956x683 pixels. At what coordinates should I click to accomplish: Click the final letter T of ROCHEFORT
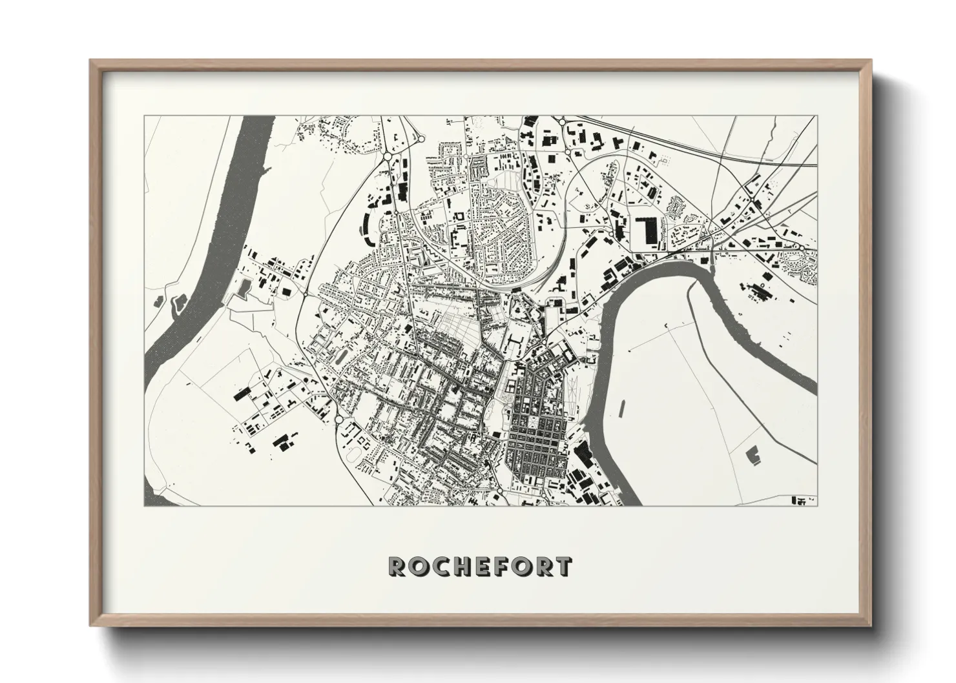(563, 567)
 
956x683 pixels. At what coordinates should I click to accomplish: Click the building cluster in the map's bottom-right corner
(803, 500)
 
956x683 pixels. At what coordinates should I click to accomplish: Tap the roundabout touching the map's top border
(562, 121)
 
